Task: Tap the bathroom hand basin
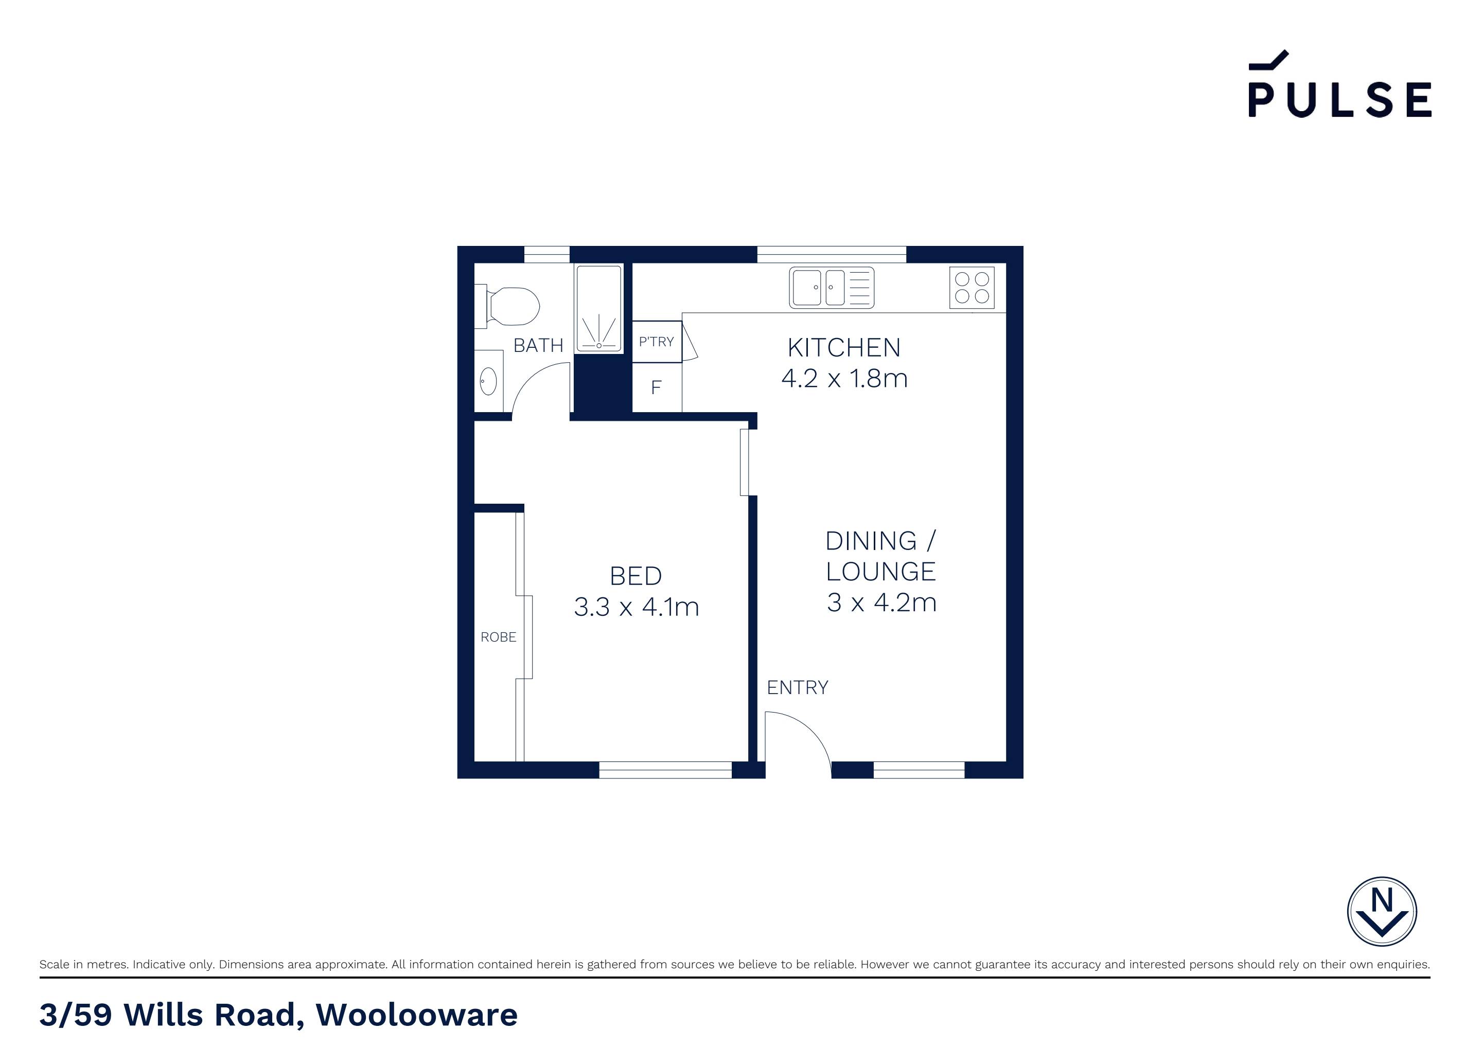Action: click(x=489, y=381)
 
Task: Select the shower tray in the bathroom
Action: click(x=599, y=309)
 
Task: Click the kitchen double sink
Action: click(x=832, y=288)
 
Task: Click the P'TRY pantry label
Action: click(x=657, y=342)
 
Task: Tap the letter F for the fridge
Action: click(x=657, y=387)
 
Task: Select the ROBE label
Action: click(x=498, y=637)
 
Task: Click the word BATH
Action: click(x=538, y=346)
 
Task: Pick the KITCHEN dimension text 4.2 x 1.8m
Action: click(x=844, y=378)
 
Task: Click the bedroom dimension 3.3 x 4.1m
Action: click(x=637, y=607)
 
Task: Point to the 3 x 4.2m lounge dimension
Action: click(x=881, y=602)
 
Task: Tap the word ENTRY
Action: click(x=797, y=687)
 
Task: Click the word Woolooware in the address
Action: click(x=416, y=1015)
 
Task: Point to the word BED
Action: click(x=636, y=576)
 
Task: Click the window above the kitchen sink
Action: click(x=832, y=254)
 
